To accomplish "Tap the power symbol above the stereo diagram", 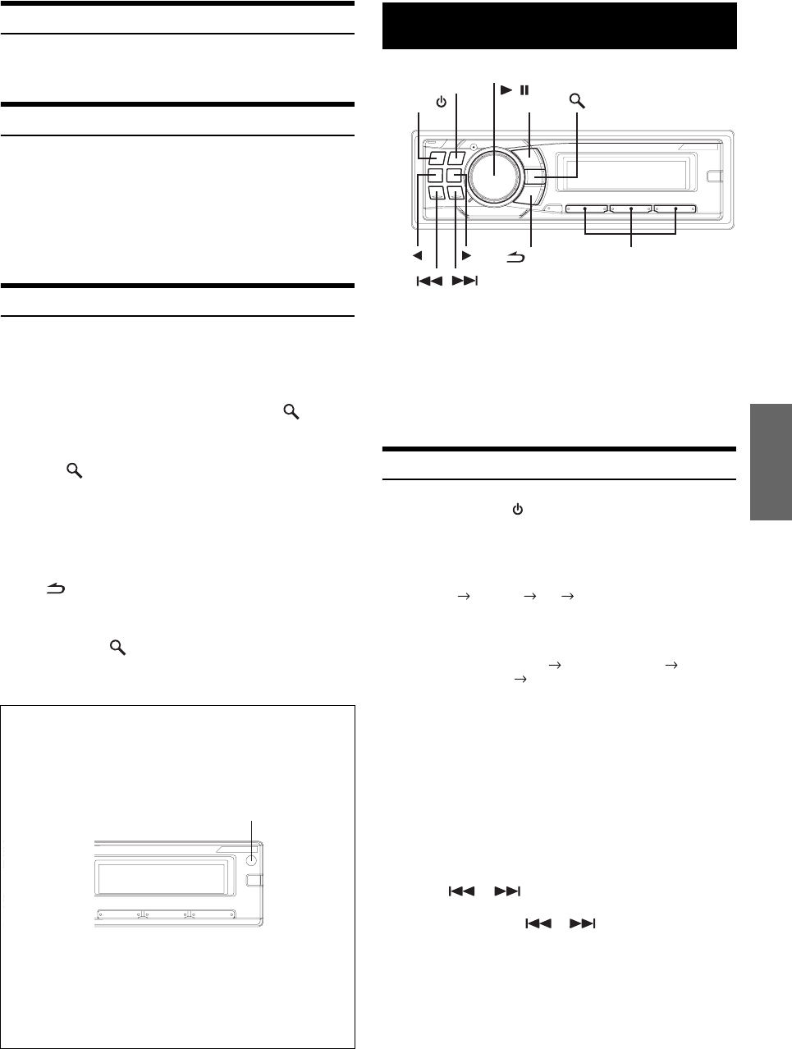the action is tap(441, 102).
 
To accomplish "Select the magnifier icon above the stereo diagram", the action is tap(579, 102).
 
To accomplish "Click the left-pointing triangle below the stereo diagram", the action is tap(418, 255).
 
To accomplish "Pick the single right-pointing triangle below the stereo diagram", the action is tap(466, 255).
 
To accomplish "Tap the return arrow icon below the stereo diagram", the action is tap(515, 259).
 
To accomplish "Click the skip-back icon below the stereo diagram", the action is tap(429, 282).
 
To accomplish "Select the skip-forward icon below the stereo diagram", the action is tap(464, 282).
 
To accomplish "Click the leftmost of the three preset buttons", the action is tap(585, 209).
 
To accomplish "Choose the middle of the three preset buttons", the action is tap(630, 209).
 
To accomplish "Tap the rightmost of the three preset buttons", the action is tap(675, 209).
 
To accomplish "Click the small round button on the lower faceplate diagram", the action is tap(252, 861).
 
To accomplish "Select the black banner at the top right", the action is tap(560, 25).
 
